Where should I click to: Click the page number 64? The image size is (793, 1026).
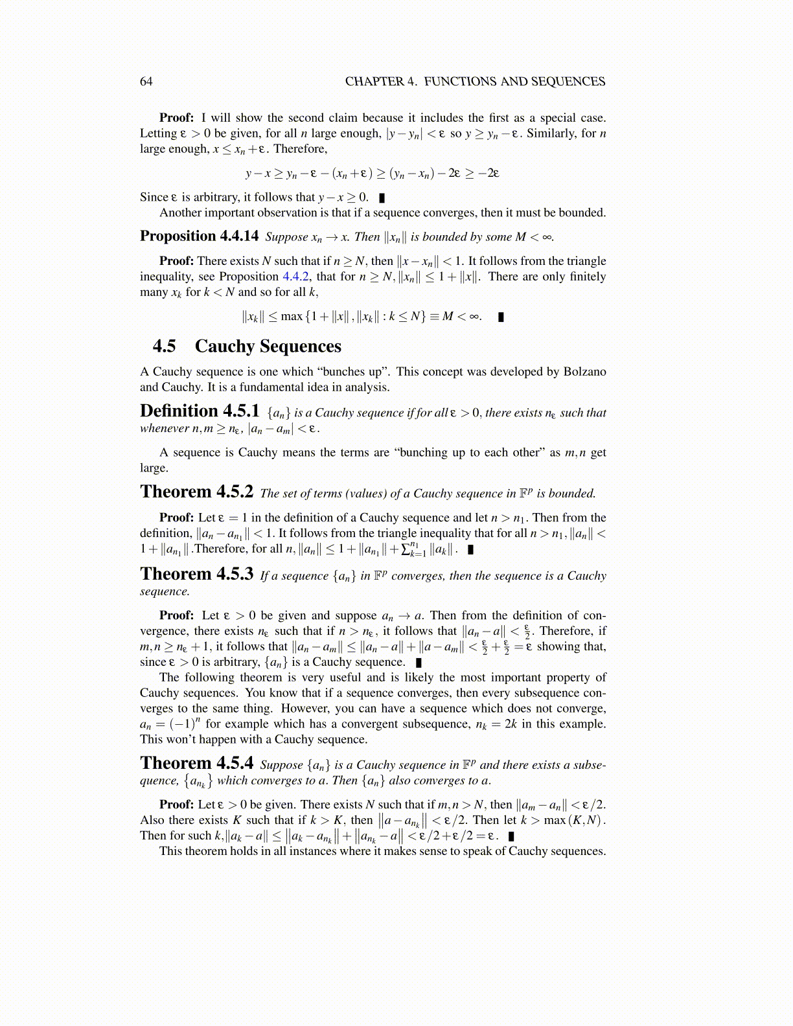pos(146,82)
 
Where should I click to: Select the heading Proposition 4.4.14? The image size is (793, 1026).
pos(199,236)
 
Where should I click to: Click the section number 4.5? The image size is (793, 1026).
pos(165,347)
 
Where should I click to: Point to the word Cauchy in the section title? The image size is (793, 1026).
pos(225,347)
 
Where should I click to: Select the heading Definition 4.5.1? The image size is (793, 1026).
pos(200,411)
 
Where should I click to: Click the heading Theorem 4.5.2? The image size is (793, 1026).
pos(196,492)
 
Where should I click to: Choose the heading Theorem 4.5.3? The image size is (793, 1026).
pos(196,575)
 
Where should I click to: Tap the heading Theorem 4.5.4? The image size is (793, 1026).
pos(196,764)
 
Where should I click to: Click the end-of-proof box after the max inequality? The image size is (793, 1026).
pos(501,317)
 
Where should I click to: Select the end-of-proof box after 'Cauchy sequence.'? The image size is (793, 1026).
pos(419,663)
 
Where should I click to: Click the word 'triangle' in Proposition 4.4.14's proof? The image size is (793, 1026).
pos(585,261)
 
